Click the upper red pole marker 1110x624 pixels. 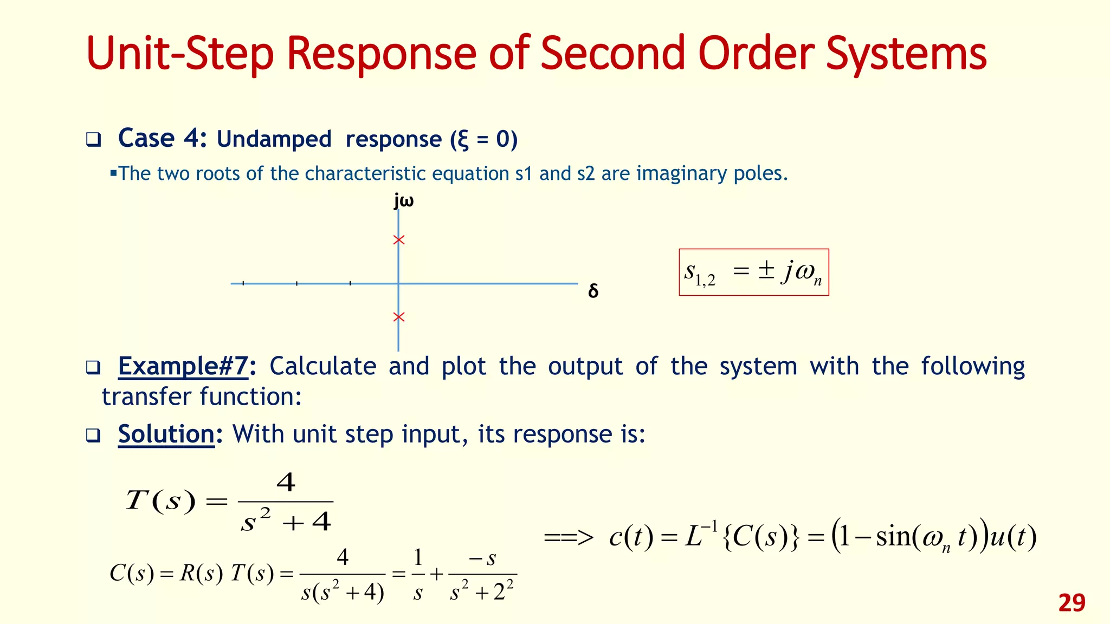tap(399, 240)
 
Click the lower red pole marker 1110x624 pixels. tap(399, 317)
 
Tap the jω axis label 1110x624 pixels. tap(404, 201)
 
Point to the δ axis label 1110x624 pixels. tap(593, 291)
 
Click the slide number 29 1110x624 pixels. tap(1072, 603)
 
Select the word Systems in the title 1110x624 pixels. tap(906, 54)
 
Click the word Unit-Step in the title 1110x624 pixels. tap(180, 54)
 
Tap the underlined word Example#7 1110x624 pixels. tap(183, 366)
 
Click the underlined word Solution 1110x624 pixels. tap(166, 434)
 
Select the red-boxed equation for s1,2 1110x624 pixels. tap(753, 272)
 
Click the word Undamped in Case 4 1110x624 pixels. tap(274, 139)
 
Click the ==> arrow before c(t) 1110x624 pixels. tap(569, 538)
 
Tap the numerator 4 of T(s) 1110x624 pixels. tap(286, 482)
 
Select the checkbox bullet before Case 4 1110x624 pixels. tap(93, 140)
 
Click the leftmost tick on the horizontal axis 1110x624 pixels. tap(243, 283)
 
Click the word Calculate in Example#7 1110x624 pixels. tap(322, 366)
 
